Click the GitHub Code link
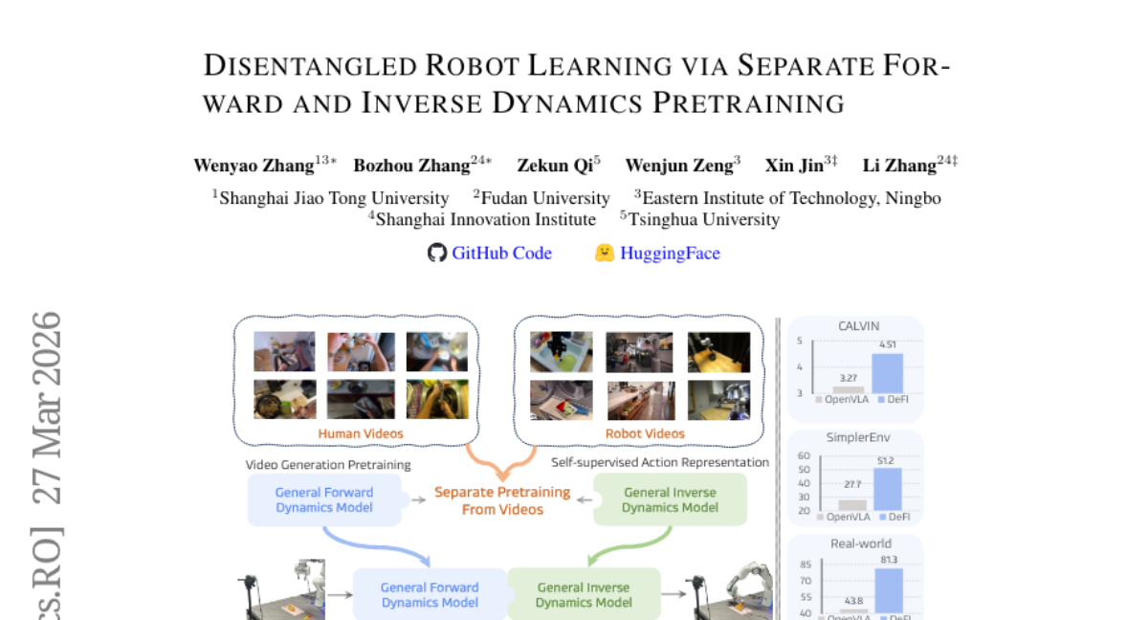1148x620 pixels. pos(501,254)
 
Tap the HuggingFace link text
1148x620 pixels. pos(670,254)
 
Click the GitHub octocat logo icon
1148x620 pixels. pos(437,253)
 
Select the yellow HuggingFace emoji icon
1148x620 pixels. pos(605,253)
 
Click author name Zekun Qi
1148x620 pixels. pos(555,166)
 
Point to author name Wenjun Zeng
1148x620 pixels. pos(679,166)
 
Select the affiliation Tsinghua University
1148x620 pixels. pos(704,220)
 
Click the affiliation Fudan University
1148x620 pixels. pos(545,198)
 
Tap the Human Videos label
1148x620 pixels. pos(361,433)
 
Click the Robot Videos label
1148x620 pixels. pos(645,433)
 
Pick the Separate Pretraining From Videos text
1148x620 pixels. pos(502,500)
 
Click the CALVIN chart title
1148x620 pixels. pos(858,326)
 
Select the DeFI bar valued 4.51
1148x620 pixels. pos(888,373)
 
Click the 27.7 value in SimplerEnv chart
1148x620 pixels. pos(852,484)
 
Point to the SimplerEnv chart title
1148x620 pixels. pos(858,437)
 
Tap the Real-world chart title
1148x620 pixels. pos(861,543)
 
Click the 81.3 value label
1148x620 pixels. pos(889,560)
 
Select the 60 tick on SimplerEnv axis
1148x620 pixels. pos(804,455)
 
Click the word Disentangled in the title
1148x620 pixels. pos(311,66)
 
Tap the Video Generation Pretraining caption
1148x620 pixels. pos(328,465)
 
